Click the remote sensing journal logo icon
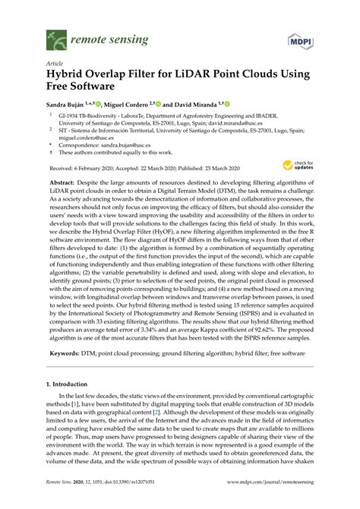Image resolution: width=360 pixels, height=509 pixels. (55, 35)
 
